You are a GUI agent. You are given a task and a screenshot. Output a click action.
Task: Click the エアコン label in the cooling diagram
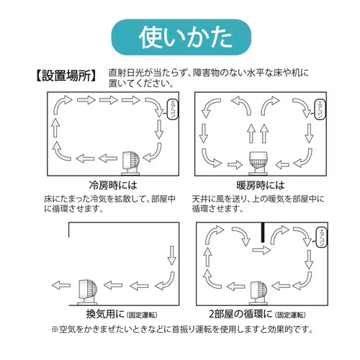(x=173, y=109)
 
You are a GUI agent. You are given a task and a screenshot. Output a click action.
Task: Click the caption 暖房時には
(x=256, y=184)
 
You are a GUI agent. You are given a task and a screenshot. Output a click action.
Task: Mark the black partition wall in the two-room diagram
(x=263, y=233)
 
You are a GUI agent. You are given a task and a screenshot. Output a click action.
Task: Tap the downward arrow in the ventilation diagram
(x=171, y=255)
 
